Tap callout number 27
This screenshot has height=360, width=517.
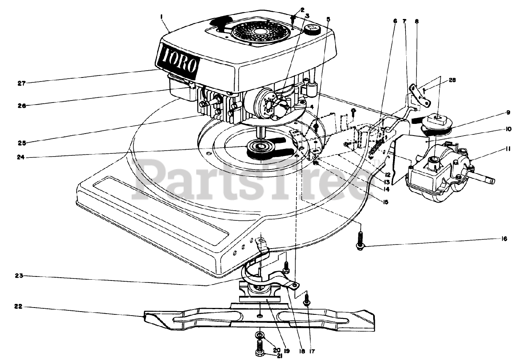coord(21,84)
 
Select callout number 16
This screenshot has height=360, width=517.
coord(504,239)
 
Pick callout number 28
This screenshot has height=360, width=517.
coord(452,80)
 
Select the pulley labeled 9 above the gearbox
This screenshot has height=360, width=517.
coord(436,124)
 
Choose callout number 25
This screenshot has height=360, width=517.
coord(21,142)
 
